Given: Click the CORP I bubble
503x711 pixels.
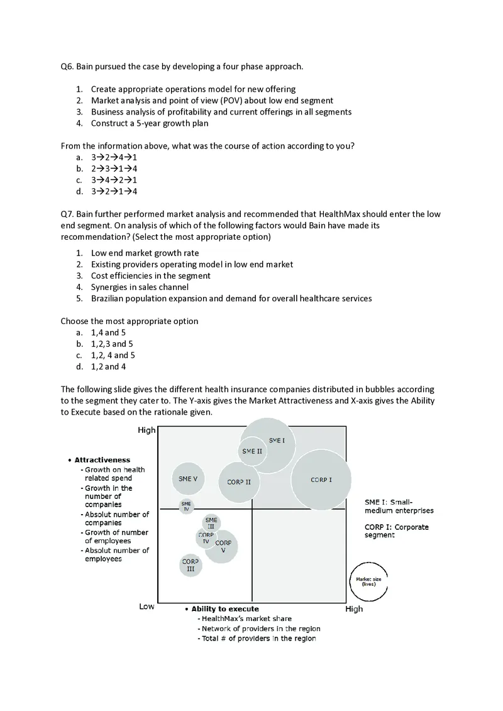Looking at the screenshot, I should click(321, 480).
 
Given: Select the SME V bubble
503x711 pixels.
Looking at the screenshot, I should click(188, 479).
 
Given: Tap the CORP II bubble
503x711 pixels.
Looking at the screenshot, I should click(239, 483).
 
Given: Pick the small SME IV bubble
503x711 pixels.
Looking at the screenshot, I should click(186, 506).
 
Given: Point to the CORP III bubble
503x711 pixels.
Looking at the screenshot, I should click(191, 565).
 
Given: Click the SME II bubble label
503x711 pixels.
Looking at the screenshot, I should click(252, 451).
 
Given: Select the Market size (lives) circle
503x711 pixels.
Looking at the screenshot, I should click(368, 581).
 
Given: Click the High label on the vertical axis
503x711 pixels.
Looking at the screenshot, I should click(146, 430).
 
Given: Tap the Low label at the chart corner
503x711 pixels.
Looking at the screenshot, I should click(146, 607).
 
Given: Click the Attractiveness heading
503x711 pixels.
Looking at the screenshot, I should click(102, 460).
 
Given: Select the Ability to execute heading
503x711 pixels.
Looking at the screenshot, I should click(224, 609).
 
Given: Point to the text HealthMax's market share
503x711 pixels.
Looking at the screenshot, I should click(246, 619).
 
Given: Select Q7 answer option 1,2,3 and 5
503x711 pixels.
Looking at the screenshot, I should click(112, 344).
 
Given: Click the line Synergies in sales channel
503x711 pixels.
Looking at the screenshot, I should click(140, 287).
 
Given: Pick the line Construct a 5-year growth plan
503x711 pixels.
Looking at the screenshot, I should click(150, 123).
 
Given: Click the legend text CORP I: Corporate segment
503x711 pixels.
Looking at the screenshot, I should click(396, 530).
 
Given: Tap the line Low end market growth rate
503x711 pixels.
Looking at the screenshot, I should click(145, 253).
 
